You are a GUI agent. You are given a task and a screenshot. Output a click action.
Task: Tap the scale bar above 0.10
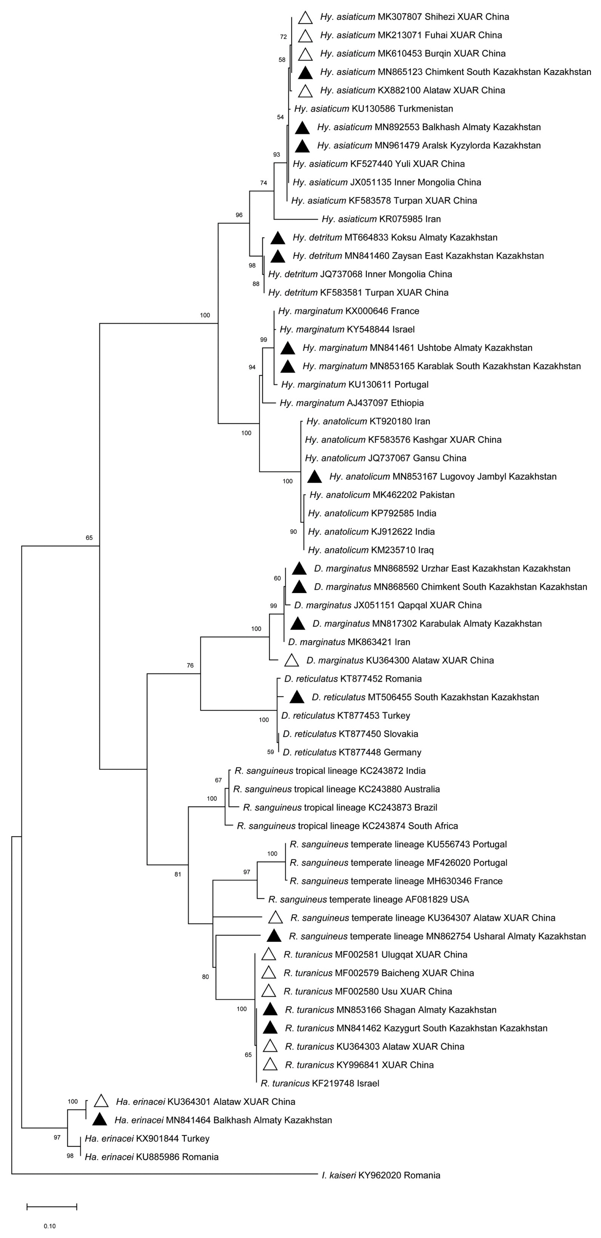52,1206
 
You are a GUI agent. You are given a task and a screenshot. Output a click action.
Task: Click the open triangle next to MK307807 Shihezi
305,18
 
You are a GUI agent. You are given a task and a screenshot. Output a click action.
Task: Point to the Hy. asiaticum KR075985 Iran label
381,219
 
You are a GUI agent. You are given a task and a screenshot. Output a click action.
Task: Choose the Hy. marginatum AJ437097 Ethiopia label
351,403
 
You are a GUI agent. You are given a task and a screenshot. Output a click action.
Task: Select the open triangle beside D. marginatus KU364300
292,661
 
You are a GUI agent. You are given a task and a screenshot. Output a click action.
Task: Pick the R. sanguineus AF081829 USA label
369,899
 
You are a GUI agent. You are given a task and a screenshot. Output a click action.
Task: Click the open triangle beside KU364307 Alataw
275,918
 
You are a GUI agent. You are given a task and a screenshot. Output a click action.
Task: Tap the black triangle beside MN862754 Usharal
274,936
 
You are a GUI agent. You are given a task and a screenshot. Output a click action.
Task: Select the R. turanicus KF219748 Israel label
320,1083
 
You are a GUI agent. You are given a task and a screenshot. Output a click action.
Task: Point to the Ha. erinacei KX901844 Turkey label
147,1138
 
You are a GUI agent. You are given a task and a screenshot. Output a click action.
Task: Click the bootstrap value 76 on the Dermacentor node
190,666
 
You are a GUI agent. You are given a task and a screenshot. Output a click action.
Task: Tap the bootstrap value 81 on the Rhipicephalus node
178,874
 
